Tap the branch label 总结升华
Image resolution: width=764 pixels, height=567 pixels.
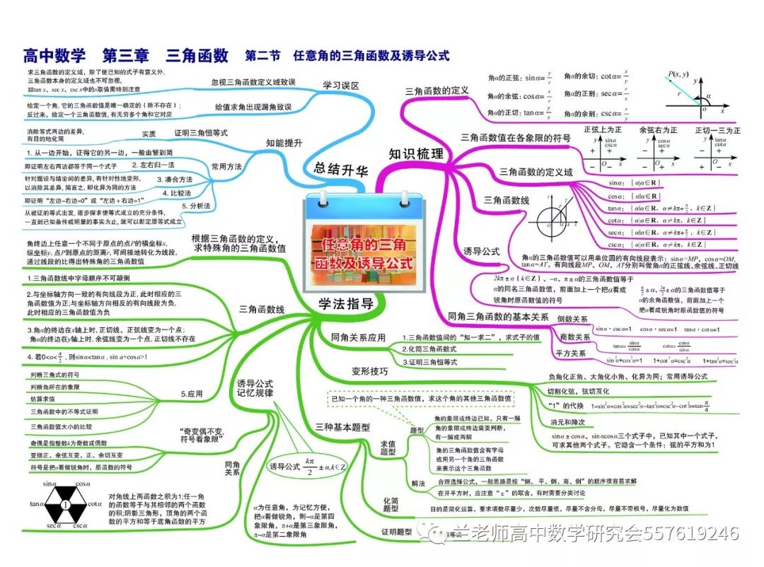[343, 168]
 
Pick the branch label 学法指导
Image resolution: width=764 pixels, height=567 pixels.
[346, 305]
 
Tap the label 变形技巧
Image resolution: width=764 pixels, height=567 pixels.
[369, 370]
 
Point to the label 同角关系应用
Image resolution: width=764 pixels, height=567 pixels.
[359, 337]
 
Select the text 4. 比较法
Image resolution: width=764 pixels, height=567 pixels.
[177, 192]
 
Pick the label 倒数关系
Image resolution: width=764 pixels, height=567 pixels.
[573, 320]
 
